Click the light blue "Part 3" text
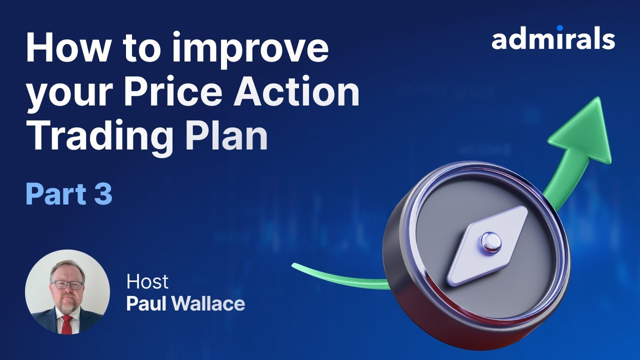pos(69,195)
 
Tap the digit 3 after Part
pos(102,195)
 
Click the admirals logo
pos(553,39)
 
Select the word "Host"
pos(147,281)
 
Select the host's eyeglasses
pos(67,285)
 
